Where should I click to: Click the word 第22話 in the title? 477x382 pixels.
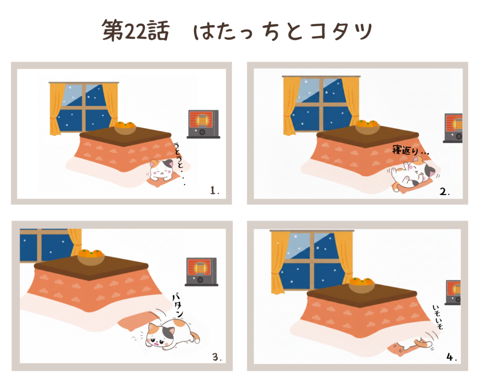pyautogui.click(x=136, y=30)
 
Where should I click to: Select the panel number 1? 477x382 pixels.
pyautogui.click(x=214, y=191)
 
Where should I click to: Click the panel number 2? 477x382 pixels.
pyautogui.click(x=444, y=192)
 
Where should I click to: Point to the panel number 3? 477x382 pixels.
pyautogui.click(x=217, y=357)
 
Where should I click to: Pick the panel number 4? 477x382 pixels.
pyautogui.click(x=451, y=357)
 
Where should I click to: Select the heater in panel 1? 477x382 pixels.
pyautogui.click(x=203, y=124)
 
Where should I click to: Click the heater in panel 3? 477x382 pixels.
pyautogui.click(x=201, y=272)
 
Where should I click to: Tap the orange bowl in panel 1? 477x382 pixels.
pyautogui.click(x=125, y=128)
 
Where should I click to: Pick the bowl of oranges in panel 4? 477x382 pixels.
pyautogui.click(x=361, y=285)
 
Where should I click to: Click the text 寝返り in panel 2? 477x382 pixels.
pyautogui.click(x=406, y=150)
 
